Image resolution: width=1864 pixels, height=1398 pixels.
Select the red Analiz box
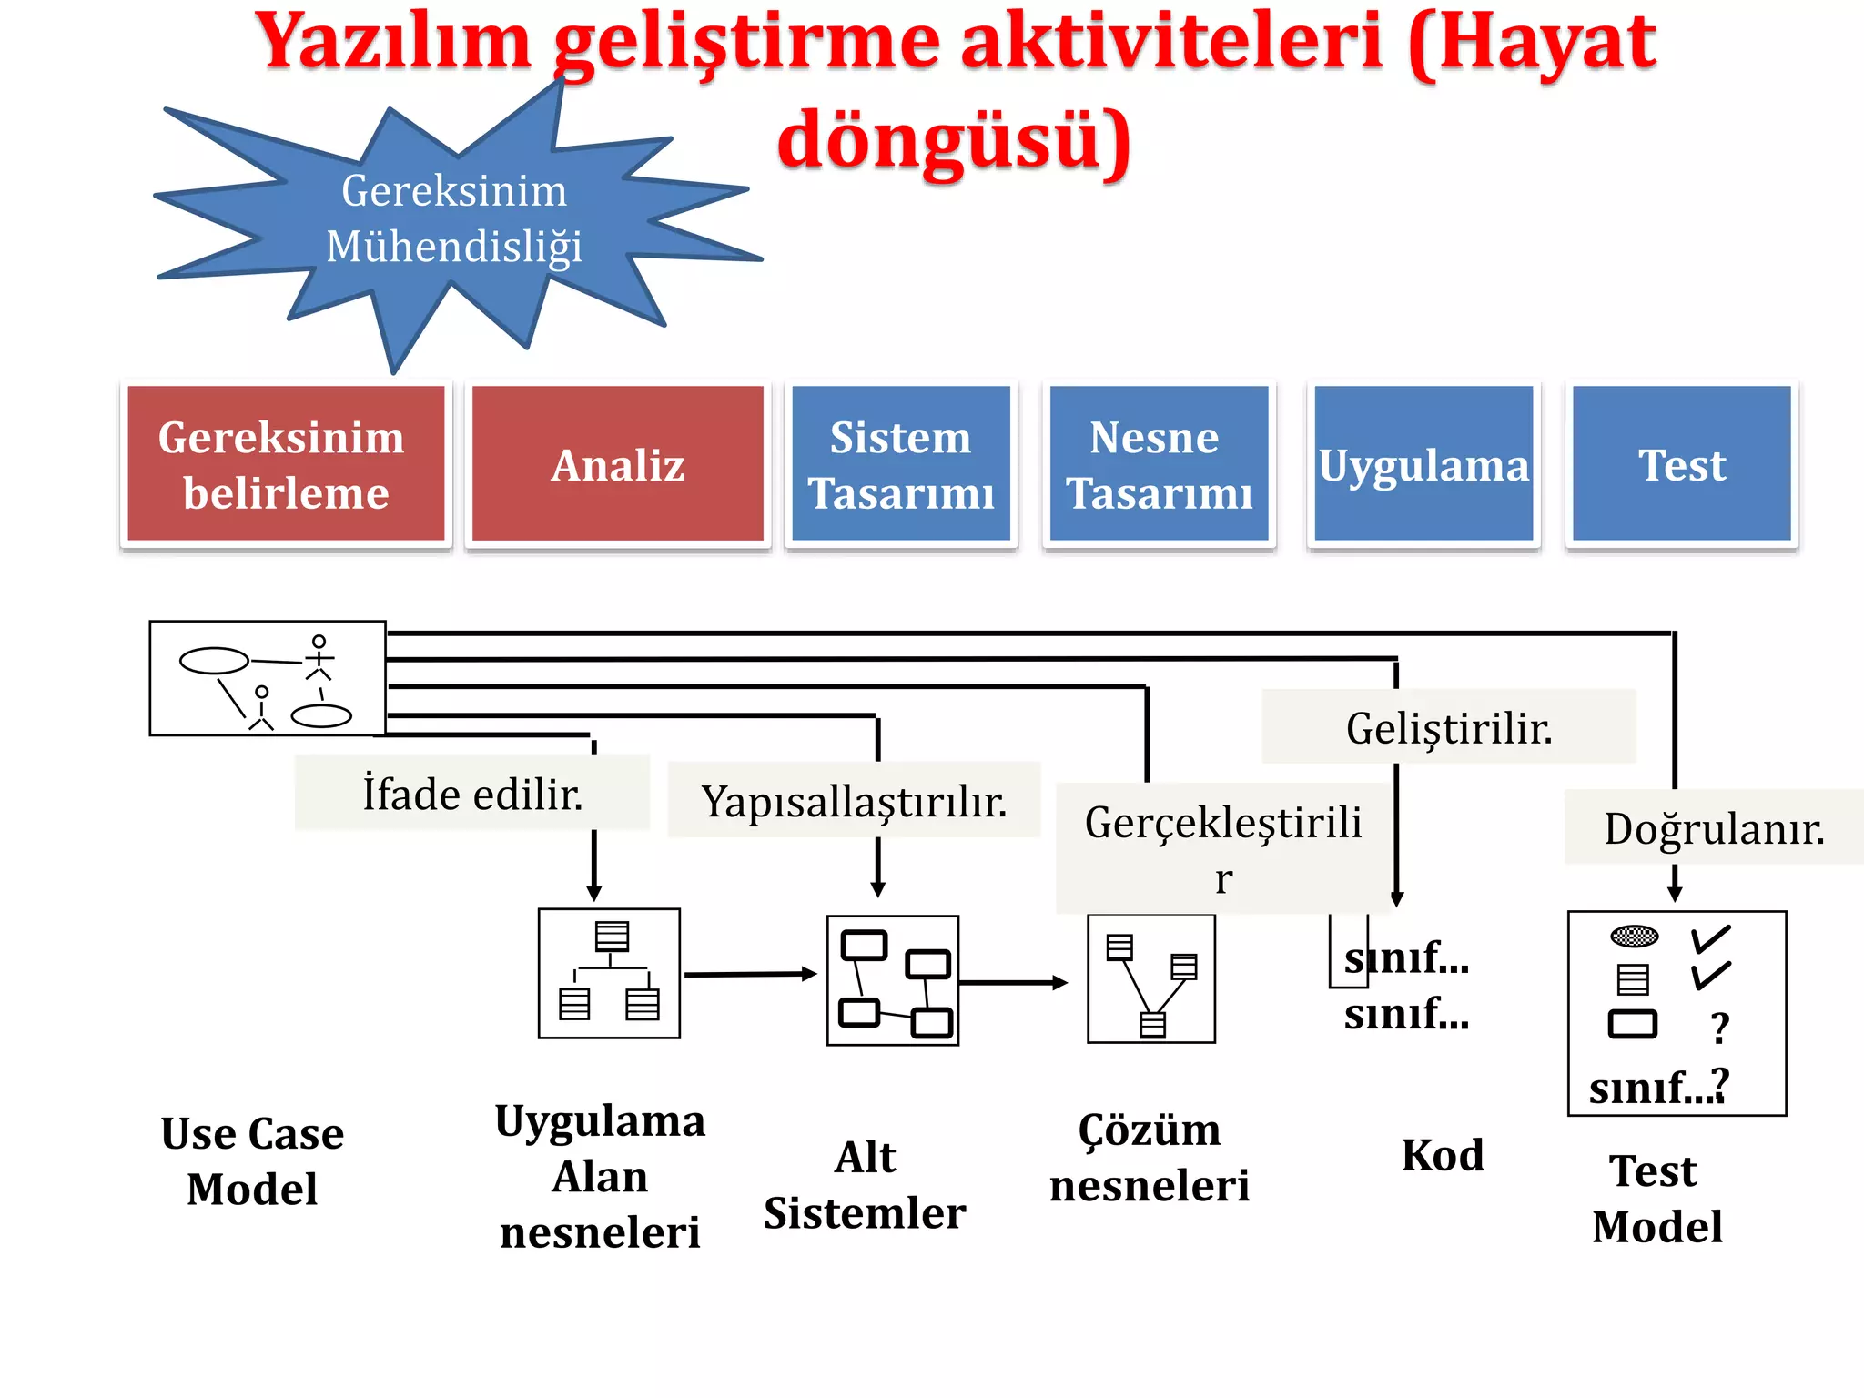(617, 464)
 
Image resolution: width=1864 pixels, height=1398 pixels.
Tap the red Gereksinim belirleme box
(285, 464)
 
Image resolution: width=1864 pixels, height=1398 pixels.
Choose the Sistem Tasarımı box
(900, 464)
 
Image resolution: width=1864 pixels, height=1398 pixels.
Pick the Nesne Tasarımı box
(1158, 464)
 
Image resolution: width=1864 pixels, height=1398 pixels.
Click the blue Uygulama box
(1423, 464)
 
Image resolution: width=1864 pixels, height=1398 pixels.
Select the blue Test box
(1681, 464)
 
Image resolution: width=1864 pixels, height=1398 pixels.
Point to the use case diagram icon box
(267, 678)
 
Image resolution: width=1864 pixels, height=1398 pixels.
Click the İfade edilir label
(471, 794)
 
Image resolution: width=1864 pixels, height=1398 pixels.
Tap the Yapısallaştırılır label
(854, 801)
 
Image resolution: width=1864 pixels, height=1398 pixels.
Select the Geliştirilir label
(1448, 728)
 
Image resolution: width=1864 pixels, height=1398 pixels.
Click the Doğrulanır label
(1714, 828)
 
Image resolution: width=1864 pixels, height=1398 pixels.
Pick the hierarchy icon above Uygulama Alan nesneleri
(609, 973)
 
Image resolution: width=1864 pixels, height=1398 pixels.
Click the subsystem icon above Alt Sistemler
(892, 980)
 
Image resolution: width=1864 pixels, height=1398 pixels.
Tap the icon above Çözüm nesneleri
(1150, 979)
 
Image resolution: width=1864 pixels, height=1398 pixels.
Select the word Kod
(1442, 1155)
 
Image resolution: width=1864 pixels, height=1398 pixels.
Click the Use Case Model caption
(252, 1160)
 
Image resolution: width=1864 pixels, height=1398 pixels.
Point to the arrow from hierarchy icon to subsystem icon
(751, 974)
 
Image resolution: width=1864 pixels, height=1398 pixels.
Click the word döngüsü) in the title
(953, 141)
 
